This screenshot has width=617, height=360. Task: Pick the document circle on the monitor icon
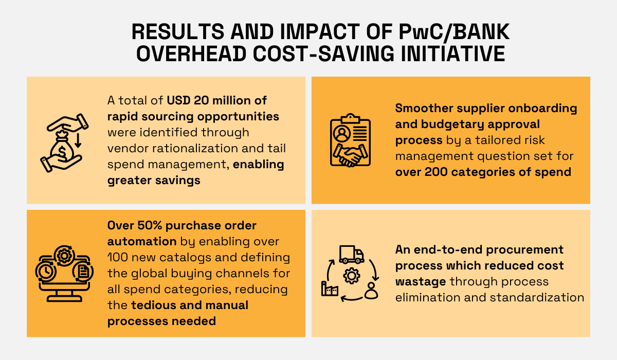[x=82, y=271]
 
